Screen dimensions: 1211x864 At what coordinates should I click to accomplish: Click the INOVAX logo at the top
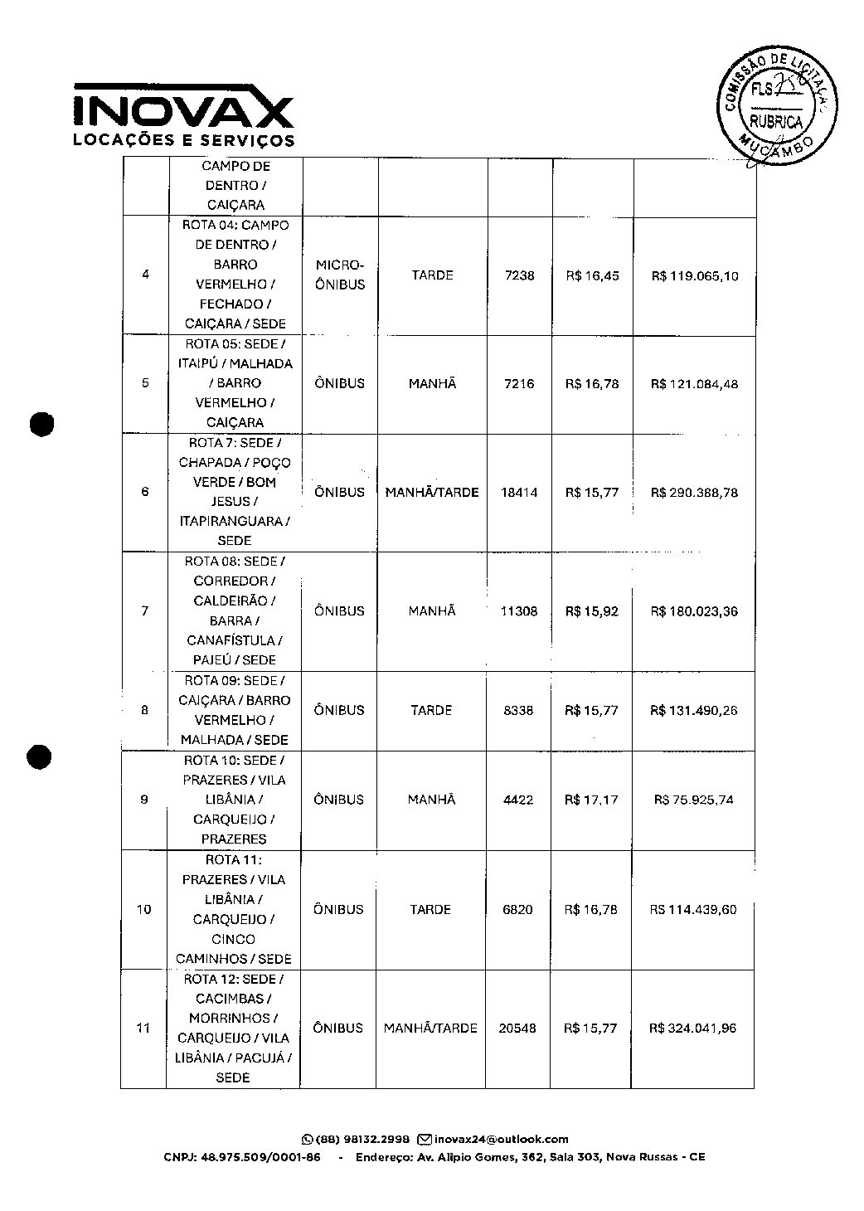click(183, 114)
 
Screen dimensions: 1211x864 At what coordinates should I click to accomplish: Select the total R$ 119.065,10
click(694, 276)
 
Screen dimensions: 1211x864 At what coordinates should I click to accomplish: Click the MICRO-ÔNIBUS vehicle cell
click(340, 275)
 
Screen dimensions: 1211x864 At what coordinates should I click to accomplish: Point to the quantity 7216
click(519, 384)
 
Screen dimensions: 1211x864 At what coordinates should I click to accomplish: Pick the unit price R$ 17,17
click(591, 800)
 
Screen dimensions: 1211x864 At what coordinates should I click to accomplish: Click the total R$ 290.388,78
click(694, 493)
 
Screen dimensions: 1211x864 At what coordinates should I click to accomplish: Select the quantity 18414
click(519, 493)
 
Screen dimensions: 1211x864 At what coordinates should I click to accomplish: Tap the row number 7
click(145, 611)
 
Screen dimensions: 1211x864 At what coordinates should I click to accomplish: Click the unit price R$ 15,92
click(592, 611)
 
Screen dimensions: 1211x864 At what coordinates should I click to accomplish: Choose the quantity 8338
click(519, 711)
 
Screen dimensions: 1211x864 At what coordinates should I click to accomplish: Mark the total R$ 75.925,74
click(694, 800)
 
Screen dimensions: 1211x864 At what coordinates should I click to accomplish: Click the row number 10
click(144, 910)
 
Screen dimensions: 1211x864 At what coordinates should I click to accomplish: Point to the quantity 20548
click(517, 1029)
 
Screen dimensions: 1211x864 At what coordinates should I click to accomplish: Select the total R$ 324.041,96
click(694, 1029)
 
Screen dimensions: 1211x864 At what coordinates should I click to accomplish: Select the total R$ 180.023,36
click(694, 611)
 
